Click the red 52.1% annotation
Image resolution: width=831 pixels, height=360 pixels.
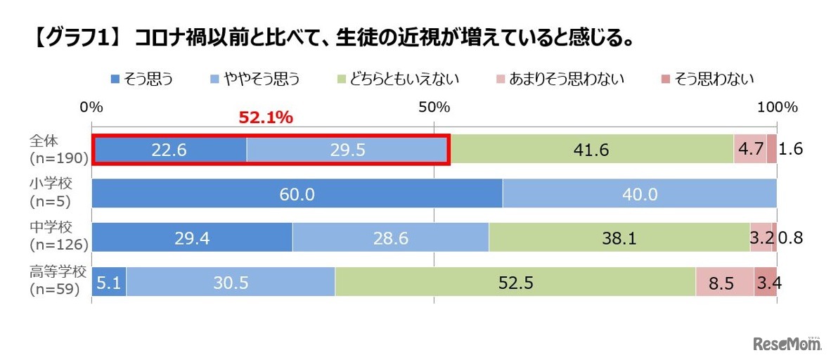point(266,118)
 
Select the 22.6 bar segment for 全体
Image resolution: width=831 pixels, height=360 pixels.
point(169,150)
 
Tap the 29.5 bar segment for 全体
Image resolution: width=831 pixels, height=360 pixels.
point(347,150)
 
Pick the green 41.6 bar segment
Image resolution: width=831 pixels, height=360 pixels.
point(591,150)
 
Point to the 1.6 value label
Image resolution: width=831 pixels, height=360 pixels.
point(791,150)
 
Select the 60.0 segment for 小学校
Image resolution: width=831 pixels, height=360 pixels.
point(297,194)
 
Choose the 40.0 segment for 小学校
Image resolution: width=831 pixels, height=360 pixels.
point(639,194)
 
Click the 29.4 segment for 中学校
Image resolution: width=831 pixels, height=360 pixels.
point(192,238)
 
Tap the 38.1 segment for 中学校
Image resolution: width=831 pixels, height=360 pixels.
point(619,238)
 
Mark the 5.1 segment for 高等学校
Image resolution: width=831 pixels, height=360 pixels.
point(109,283)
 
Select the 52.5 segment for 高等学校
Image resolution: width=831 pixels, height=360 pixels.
point(515,283)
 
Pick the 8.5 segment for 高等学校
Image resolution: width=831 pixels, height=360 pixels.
point(724,283)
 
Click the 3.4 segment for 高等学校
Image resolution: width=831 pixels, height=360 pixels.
point(765,283)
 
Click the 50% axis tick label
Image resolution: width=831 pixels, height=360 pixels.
point(434,108)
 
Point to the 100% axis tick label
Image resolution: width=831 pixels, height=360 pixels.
point(777,108)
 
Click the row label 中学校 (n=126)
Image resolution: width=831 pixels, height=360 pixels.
point(58,238)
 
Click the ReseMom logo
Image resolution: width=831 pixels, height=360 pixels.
point(786,344)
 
